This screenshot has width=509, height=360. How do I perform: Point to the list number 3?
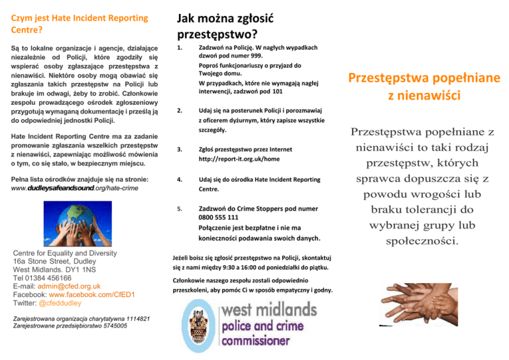coord(180,149)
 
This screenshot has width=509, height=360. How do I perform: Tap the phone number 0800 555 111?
coord(219,217)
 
